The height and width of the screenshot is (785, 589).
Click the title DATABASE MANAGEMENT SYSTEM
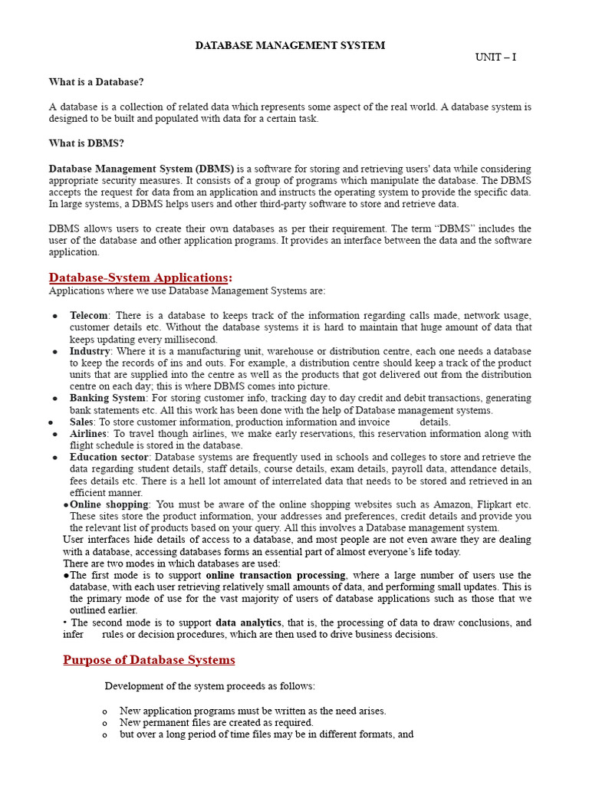point(290,46)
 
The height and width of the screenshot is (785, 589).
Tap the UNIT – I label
point(495,57)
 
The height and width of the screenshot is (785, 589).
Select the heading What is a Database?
point(96,82)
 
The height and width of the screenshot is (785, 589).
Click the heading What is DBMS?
point(86,143)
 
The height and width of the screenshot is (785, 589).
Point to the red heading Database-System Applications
point(139,277)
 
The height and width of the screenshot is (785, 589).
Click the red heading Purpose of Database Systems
point(149,660)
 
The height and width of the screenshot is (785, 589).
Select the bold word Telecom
point(90,316)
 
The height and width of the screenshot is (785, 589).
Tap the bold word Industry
point(90,351)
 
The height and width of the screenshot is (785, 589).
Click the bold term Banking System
point(107,399)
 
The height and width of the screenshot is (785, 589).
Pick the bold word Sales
point(81,422)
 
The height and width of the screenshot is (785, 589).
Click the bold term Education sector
point(108,458)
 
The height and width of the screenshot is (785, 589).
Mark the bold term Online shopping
point(109,505)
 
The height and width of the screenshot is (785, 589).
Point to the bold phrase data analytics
point(248,622)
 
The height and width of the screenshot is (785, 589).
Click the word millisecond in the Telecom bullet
point(192,340)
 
